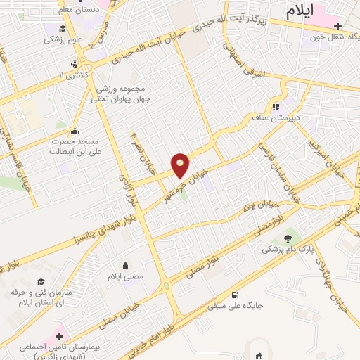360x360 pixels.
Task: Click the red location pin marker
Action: [x=181, y=165]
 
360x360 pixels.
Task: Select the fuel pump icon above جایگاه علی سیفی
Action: [x=235, y=295]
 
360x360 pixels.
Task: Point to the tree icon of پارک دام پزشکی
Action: [x=286, y=239]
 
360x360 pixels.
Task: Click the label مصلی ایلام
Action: [x=124, y=276]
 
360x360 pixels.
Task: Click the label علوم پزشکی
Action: [x=63, y=39]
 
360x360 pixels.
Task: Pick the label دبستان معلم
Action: [x=75, y=10]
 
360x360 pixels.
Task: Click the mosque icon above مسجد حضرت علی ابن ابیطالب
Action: [x=75, y=131]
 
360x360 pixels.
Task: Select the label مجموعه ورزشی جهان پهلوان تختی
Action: [x=121, y=94]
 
